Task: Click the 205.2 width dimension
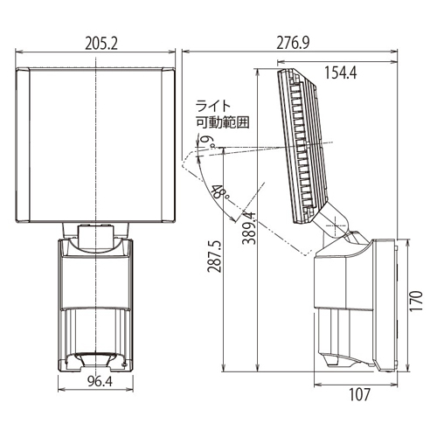click(x=101, y=44)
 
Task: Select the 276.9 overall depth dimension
click(x=293, y=43)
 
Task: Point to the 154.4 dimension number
click(x=340, y=73)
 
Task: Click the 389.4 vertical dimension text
click(x=249, y=228)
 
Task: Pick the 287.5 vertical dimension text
click(x=214, y=256)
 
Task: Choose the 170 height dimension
click(x=416, y=301)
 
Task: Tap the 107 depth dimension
click(x=359, y=394)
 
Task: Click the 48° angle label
click(x=220, y=192)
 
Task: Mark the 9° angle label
click(x=211, y=142)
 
